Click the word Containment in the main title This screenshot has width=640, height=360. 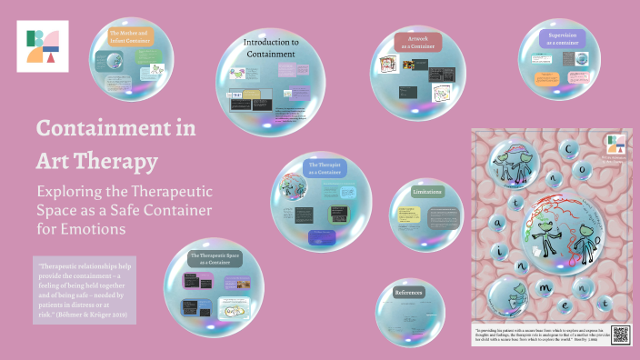click(115, 128)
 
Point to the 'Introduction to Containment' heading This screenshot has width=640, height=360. click(270, 48)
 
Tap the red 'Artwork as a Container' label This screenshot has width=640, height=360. click(417, 43)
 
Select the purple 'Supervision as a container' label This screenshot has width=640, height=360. click(564, 38)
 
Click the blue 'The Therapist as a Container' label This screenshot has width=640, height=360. click(324, 170)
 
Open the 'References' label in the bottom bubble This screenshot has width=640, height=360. click(409, 293)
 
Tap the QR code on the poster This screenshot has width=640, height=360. click(621, 334)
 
